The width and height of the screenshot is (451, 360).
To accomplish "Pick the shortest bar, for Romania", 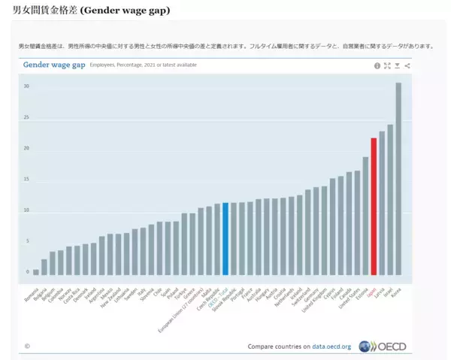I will pyautogui.click(x=36, y=272).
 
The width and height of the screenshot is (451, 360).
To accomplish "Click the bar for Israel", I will pyautogui.click(x=390, y=199).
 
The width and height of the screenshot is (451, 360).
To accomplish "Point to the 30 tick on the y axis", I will pyautogui.click(x=26, y=86).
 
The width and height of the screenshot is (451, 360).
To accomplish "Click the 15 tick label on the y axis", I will pyautogui.click(x=26, y=180).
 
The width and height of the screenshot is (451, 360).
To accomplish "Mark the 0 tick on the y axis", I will pyautogui.click(x=27, y=272).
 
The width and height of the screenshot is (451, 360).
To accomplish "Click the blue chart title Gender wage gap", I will pyautogui.click(x=54, y=65).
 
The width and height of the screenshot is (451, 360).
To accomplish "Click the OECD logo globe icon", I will pyautogui.click(x=366, y=346).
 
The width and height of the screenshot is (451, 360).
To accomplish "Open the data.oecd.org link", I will pyautogui.click(x=331, y=347).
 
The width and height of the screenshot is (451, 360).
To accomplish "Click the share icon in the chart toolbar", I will pyautogui.click(x=407, y=66).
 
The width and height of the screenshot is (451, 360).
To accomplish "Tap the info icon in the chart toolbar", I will pyautogui.click(x=377, y=66).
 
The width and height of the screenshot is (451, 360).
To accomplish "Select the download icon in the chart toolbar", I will pyautogui.click(x=398, y=66).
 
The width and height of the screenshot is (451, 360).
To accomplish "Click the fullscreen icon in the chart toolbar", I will pyautogui.click(x=387, y=66).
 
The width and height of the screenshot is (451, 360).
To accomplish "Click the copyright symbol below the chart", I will pyautogui.click(x=27, y=346).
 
